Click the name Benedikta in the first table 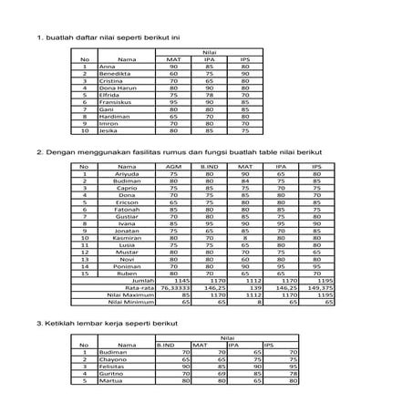tap(114, 73)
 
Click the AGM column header tap(175, 168)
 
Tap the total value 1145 tap(179, 280)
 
